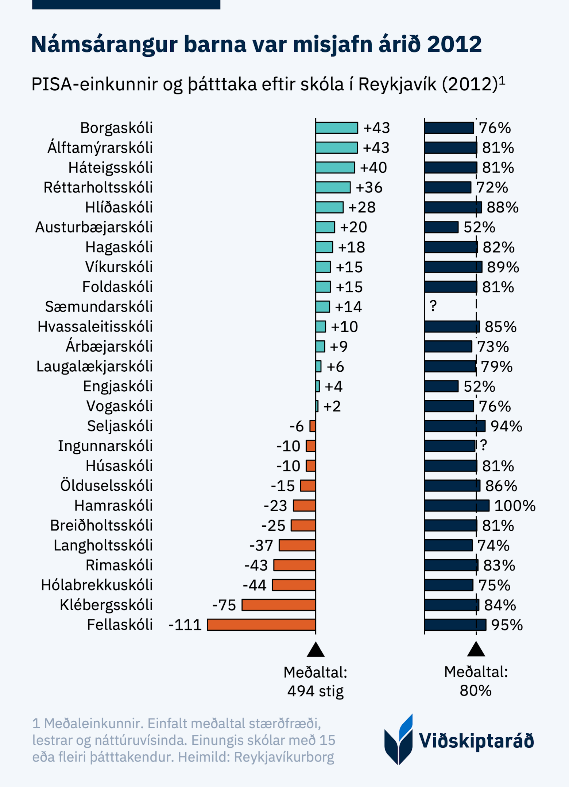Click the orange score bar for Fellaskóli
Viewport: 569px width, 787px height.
tap(261, 624)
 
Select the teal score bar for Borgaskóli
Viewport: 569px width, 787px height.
tap(336, 128)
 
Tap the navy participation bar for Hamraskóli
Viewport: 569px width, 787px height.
tap(456, 505)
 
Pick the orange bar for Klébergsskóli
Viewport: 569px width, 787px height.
tap(279, 605)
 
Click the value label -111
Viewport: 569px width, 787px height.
tap(185, 625)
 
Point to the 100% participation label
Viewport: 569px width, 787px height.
tap(515, 506)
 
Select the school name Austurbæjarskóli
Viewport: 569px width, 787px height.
tap(94, 227)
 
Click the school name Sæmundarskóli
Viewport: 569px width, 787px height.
tap(98, 306)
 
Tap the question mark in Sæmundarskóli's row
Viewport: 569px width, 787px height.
tap(433, 306)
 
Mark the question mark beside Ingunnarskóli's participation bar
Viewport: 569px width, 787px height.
tap(483, 445)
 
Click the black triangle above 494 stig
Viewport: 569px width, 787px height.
tap(316, 650)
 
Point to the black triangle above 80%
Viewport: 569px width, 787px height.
tap(476, 649)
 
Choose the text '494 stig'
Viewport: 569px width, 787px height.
tap(315, 691)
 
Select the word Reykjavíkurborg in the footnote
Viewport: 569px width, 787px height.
tap(284, 757)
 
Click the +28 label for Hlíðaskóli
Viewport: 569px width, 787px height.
tap(362, 207)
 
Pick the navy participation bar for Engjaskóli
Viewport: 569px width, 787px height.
tap(441, 386)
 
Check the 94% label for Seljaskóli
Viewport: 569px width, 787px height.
tap(506, 426)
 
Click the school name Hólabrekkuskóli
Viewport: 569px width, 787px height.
tap(97, 585)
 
